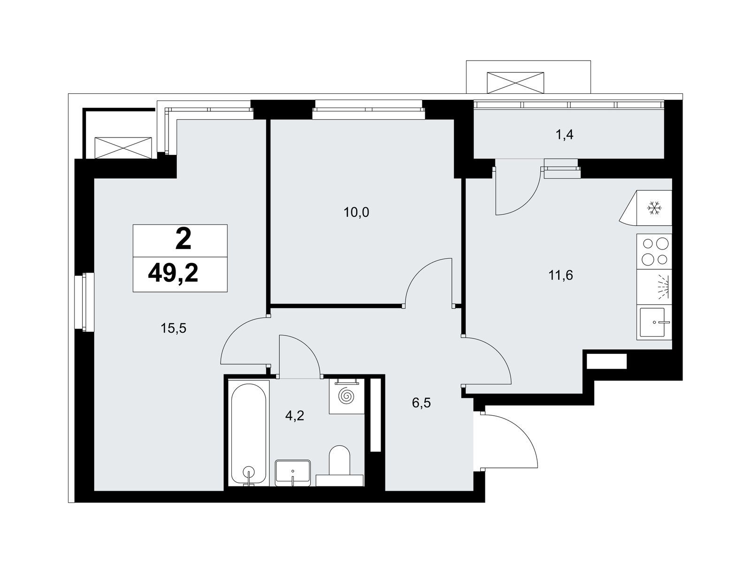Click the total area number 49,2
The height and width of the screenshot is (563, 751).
pos(173,274)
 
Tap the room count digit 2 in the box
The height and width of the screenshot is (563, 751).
pos(183,240)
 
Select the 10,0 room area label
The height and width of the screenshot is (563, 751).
pos(356,213)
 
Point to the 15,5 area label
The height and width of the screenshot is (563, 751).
pos(173,328)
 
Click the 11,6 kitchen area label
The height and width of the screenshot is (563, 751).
pos(560,275)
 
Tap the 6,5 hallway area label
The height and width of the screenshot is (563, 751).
pos(421,403)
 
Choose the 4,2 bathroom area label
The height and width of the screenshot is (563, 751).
pos(295,416)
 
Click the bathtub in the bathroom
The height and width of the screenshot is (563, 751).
pos(248,434)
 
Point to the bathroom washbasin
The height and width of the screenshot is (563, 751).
pos(292,473)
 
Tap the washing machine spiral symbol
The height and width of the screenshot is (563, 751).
pos(346,396)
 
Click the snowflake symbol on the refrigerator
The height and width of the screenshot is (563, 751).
pos(654,208)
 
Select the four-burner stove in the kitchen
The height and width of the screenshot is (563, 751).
pos(654,251)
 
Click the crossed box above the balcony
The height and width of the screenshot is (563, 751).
pos(515,83)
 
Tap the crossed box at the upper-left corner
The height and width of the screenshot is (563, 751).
pos(123,148)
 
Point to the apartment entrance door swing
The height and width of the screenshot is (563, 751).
pos(510,441)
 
